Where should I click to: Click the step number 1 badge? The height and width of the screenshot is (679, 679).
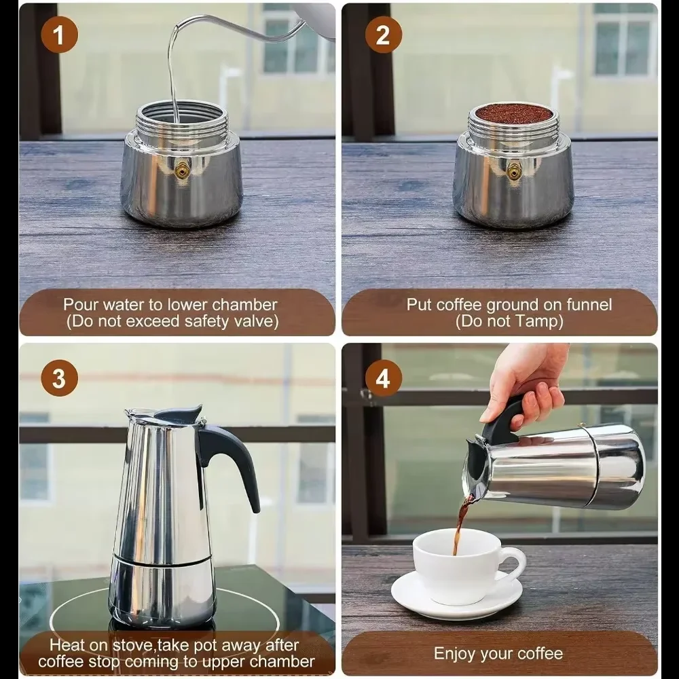(59, 35)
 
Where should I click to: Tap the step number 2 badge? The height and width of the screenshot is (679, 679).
(383, 35)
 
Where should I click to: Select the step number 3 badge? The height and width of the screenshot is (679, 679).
(59, 379)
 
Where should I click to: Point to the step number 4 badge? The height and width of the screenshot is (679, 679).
(383, 379)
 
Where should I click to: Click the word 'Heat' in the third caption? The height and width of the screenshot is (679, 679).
(67, 644)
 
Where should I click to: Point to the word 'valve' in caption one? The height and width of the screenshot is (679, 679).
(256, 321)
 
